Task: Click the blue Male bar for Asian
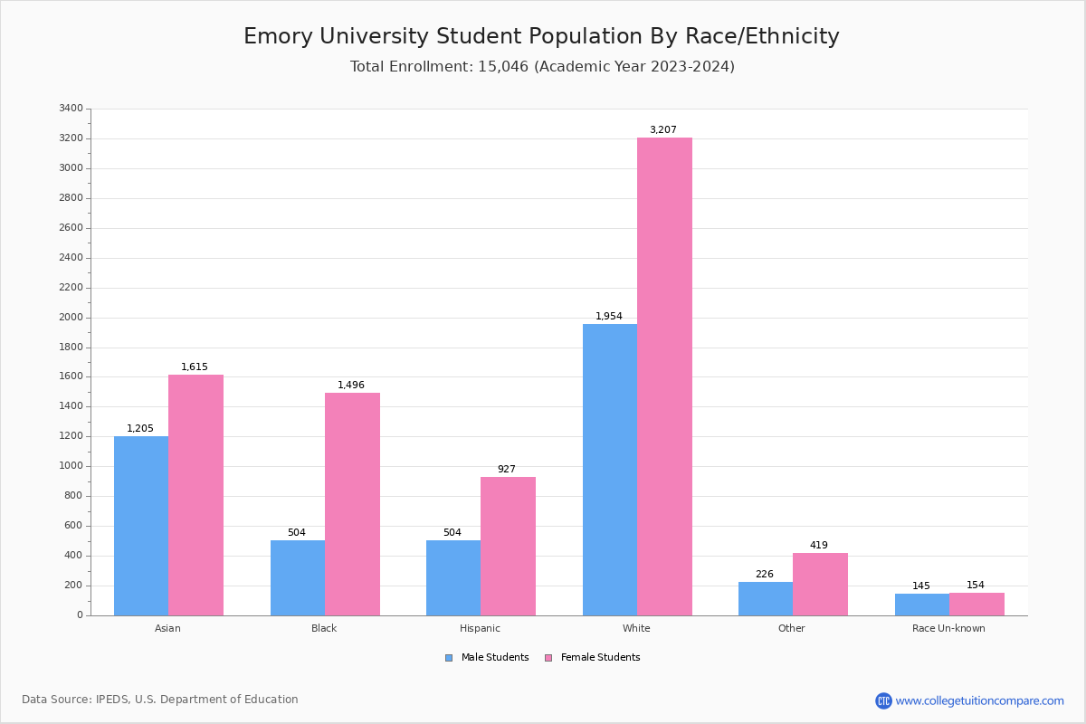pos(141,526)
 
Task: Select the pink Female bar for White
pos(664,376)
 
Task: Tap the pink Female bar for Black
pos(352,504)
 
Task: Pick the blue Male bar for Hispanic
pos(453,577)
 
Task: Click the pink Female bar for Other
pos(820,584)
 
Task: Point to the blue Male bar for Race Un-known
pos(922,605)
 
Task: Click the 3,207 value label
pos(662,130)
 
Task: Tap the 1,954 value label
pos(608,317)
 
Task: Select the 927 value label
pos(506,470)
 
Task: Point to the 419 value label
pos(818,546)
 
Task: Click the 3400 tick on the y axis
pos(71,109)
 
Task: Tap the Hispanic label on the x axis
pos(480,628)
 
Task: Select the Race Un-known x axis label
pos(948,628)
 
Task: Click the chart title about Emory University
pos(541,37)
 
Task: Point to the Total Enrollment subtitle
pos(542,67)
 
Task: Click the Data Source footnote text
pos(160,700)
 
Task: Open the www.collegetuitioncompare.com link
pos(979,701)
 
